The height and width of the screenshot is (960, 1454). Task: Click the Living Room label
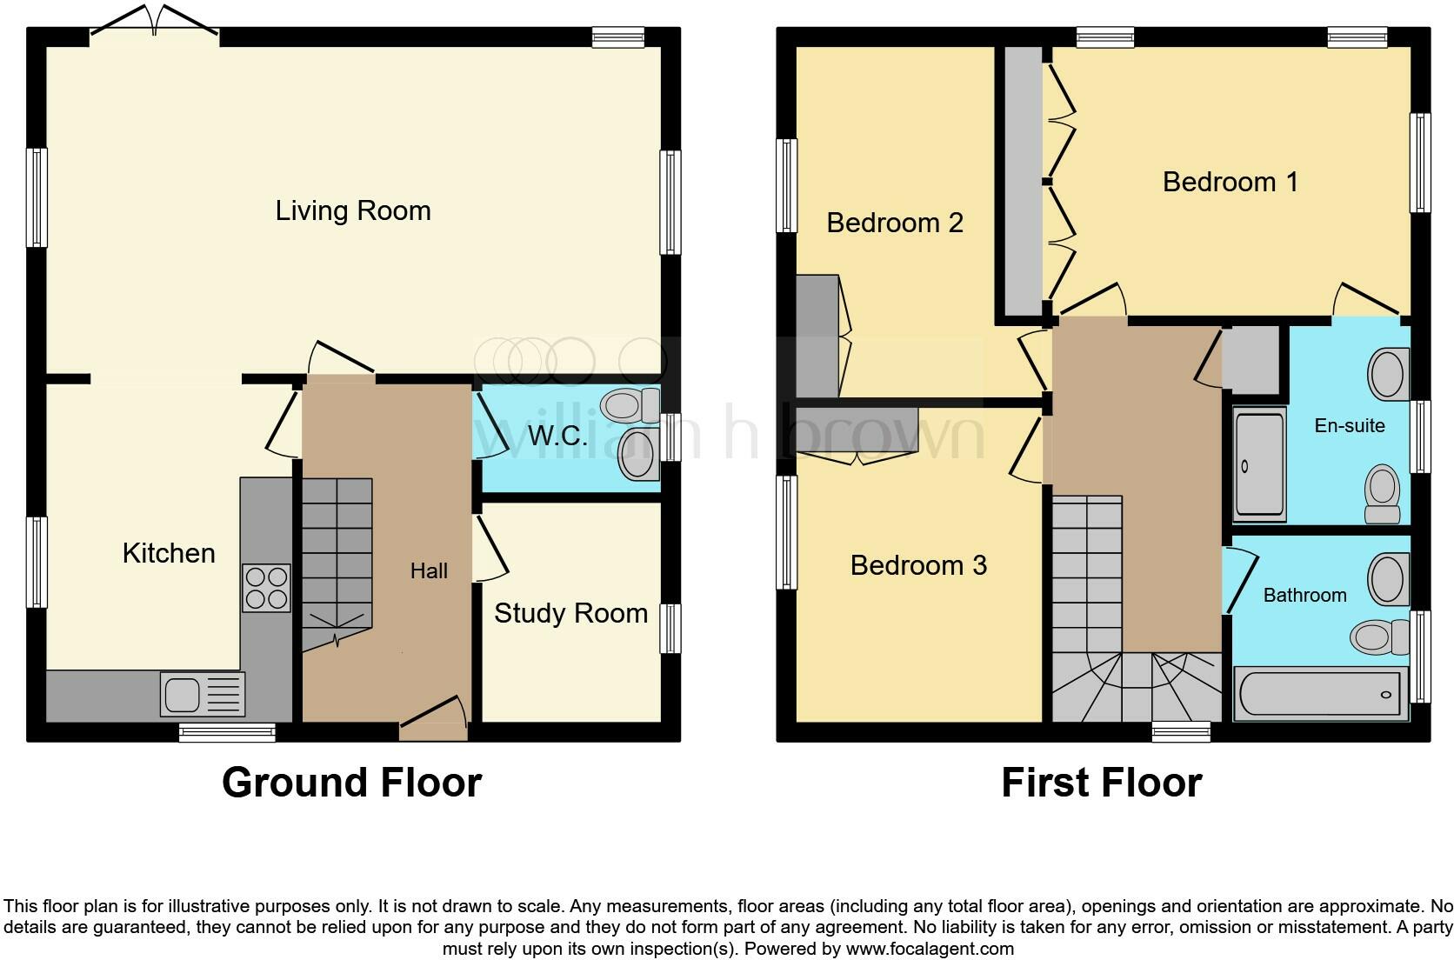(353, 210)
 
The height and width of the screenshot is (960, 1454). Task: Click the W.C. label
(557, 437)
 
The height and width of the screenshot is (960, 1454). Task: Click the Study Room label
(570, 613)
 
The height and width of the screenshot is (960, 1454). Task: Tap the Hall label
(429, 571)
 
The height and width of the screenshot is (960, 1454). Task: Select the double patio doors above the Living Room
(155, 22)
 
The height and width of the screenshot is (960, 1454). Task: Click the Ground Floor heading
(351, 783)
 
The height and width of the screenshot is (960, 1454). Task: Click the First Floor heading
(1101, 783)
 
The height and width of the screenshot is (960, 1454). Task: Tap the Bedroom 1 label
(1230, 182)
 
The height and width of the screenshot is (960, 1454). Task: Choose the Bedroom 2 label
(894, 223)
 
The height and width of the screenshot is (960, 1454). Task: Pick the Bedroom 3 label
(918, 565)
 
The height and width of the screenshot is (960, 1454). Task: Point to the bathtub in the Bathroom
(1320, 694)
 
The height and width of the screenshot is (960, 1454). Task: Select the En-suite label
(1350, 425)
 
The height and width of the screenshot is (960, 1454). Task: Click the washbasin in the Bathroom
(1388, 579)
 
